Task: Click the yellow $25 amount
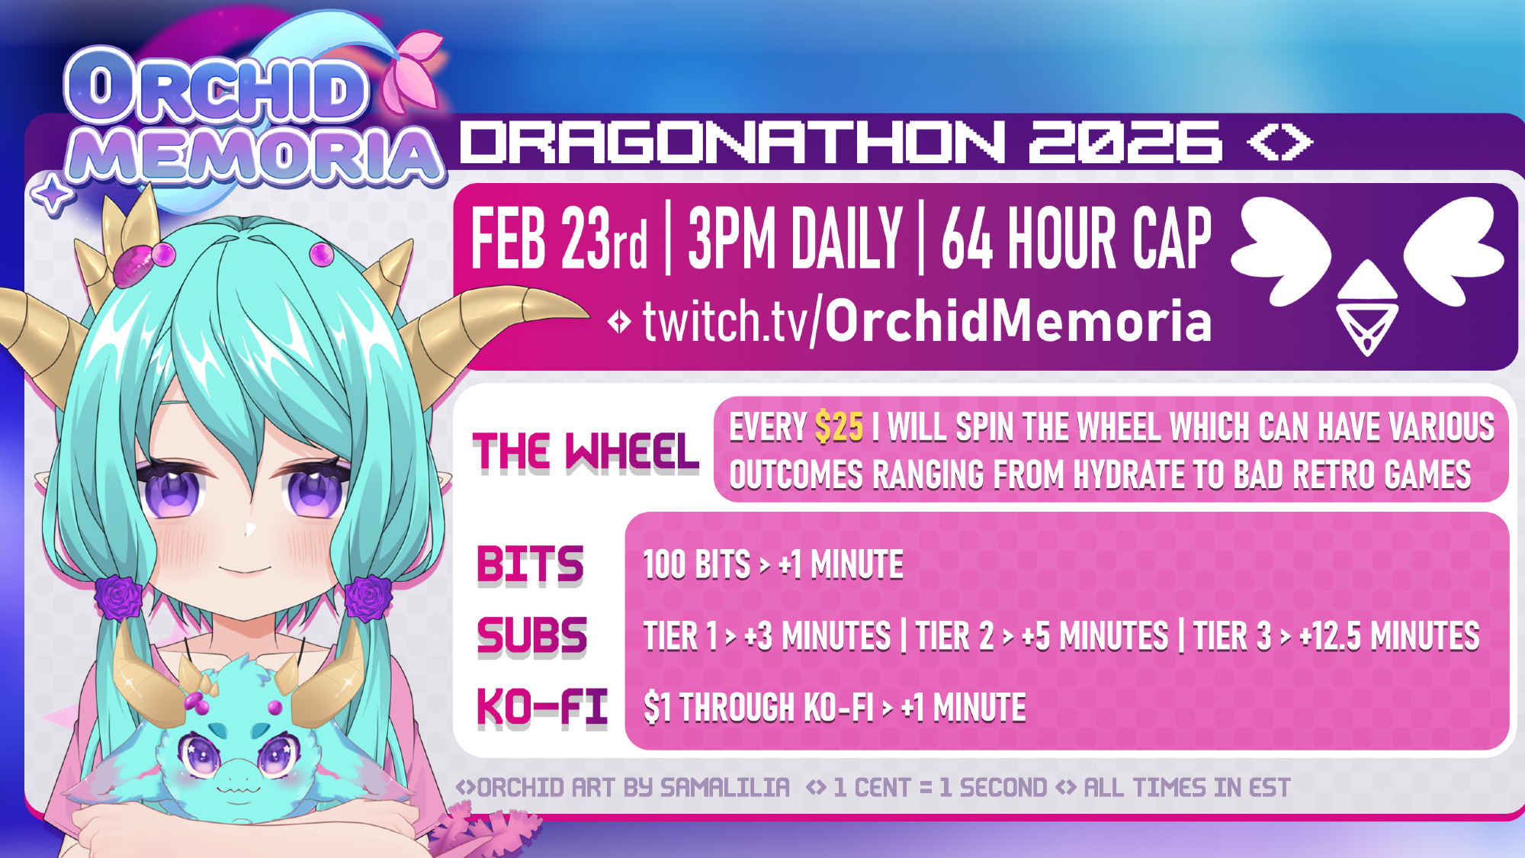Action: [839, 427]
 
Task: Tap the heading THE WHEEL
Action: [586, 451]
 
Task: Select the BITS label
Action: [531, 565]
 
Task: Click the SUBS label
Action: [532, 636]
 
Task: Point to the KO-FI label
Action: [542, 707]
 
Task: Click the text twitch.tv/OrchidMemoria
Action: [927, 321]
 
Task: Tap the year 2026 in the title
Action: [1125, 142]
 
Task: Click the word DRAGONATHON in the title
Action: [733, 142]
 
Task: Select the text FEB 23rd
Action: [559, 239]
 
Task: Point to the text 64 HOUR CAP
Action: [1076, 239]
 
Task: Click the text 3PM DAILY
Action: [795, 239]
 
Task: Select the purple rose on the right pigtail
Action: [369, 596]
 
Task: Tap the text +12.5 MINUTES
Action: [1389, 636]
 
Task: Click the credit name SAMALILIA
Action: [724, 787]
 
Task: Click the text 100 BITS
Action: [697, 565]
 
